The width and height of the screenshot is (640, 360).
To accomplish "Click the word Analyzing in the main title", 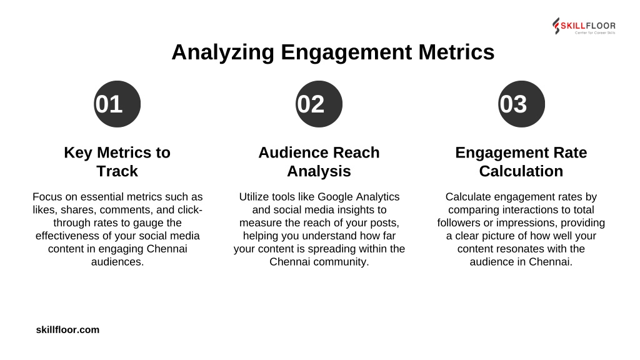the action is point(223,52).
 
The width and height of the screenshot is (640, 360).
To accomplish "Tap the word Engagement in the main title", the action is point(346,52).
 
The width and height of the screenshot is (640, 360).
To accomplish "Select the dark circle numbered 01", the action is point(117,104).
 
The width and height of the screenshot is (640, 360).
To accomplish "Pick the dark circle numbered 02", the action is point(319,104).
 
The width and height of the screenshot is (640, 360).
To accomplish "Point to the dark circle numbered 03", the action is point(521,104).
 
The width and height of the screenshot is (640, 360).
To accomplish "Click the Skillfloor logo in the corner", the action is point(584,26).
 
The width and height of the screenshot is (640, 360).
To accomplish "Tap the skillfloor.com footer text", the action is point(67,330).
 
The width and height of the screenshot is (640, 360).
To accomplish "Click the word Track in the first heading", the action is point(117,171).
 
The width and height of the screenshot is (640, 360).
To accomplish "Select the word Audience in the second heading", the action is point(294,152).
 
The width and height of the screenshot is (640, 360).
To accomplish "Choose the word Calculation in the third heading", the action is point(521,171).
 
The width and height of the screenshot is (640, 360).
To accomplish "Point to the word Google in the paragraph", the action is point(335,197).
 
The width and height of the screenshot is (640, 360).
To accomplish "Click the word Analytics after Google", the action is point(378,197).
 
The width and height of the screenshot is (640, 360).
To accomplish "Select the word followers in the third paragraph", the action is point(459,223).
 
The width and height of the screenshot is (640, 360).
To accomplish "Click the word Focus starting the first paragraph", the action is point(47,197).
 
